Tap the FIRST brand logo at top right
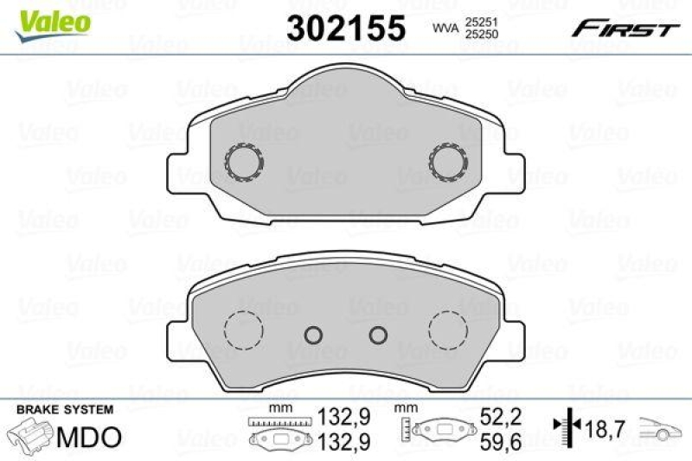pyautogui.click(x=624, y=29)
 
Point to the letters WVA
pyautogui.click(x=445, y=28)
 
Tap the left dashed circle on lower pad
pyautogui.click(x=243, y=330)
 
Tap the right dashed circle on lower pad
pyautogui.click(x=449, y=330)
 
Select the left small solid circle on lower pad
pyautogui.click(x=314, y=335)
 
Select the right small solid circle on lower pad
pyautogui.click(x=377, y=335)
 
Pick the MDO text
pyautogui.click(x=90, y=438)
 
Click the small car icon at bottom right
pyautogui.click(x=663, y=428)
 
